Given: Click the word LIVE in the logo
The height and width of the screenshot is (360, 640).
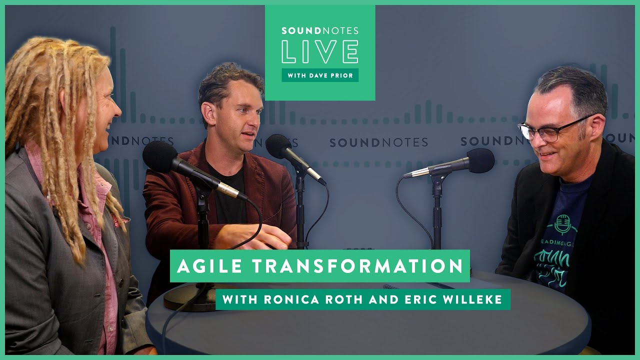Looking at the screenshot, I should [320, 52].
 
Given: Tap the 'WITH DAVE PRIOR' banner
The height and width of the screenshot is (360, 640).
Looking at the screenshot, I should [320, 75].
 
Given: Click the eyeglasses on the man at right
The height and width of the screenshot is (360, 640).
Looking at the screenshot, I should [550, 129].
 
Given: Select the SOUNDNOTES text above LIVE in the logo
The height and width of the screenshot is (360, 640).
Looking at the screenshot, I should [320, 31].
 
